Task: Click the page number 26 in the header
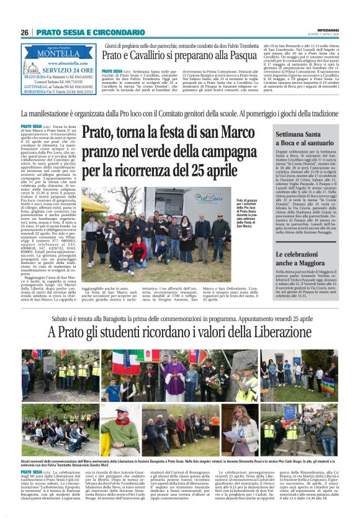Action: [24, 32]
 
